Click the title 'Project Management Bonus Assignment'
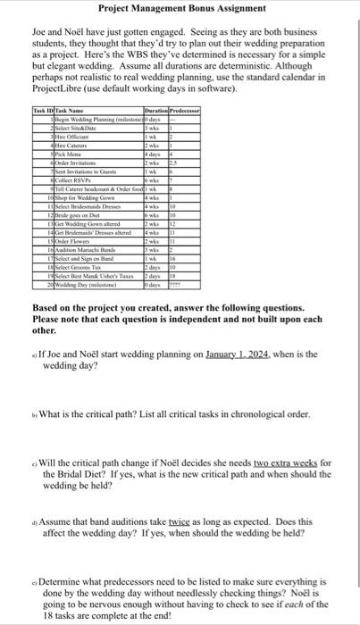pyautogui.click(x=181, y=8)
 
